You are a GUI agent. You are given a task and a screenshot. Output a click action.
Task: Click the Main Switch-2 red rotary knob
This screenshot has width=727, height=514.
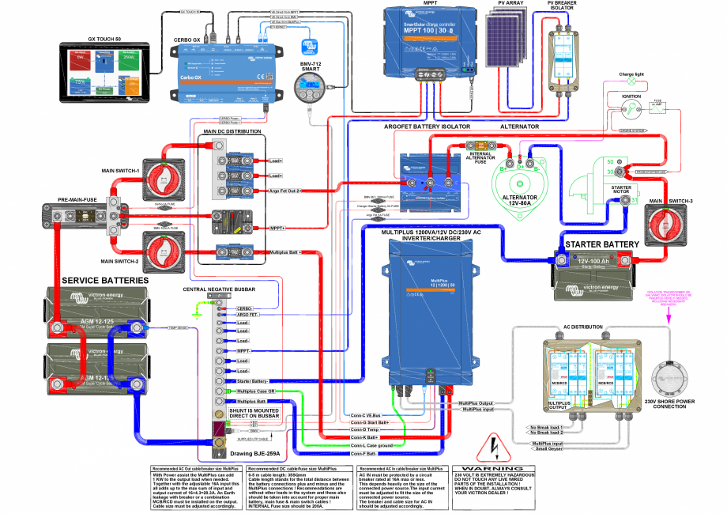coord(164,254)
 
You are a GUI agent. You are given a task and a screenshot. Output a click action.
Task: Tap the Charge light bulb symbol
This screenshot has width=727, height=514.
coord(631,81)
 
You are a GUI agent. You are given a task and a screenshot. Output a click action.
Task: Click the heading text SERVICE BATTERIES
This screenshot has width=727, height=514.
coord(104,281)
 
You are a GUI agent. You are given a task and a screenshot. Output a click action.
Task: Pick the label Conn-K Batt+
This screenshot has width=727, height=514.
coord(366,437)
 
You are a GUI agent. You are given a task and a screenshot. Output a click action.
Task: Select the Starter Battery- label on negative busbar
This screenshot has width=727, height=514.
coord(254,381)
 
